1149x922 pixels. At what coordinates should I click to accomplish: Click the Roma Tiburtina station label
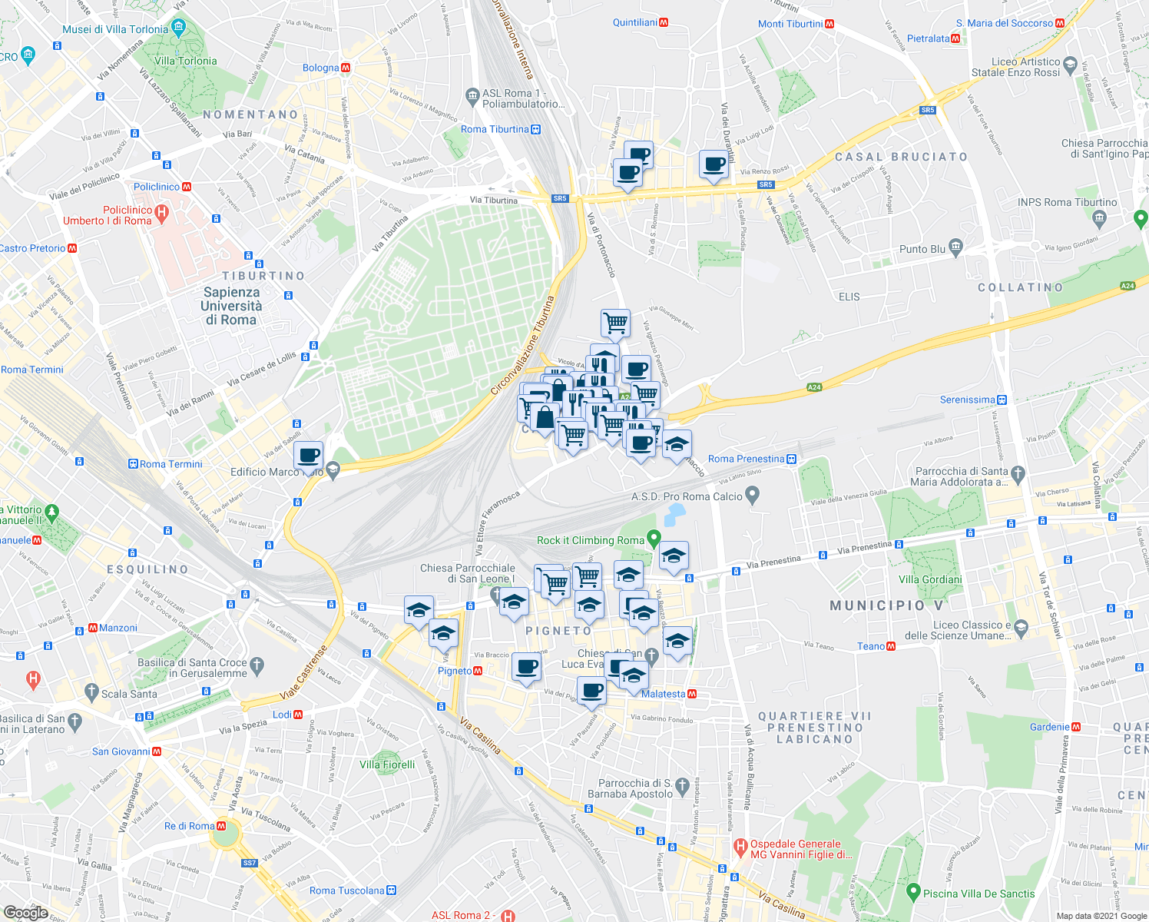[x=495, y=129]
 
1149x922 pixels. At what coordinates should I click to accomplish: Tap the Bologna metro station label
[x=321, y=68]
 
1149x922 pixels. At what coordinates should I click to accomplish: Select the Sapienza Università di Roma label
[x=231, y=306]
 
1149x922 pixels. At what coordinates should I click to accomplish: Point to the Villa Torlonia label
[x=186, y=61]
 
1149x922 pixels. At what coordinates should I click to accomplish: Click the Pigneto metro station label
[x=454, y=671]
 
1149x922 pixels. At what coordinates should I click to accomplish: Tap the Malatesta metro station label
[x=664, y=694]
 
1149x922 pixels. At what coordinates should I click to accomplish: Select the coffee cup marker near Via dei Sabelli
[x=309, y=456]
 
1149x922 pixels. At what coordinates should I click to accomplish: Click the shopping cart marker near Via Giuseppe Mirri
[x=615, y=323]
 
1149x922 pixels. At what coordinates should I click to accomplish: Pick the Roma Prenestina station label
[x=746, y=459]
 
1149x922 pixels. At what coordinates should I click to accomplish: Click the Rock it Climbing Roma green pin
[x=654, y=538]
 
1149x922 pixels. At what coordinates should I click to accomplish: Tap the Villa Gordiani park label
[x=930, y=579]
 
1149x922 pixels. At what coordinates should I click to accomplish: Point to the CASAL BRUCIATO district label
[x=901, y=157]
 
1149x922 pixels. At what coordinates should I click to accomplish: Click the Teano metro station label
[x=871, y=646]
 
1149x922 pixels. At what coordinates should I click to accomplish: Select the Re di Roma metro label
[x=190, y=826]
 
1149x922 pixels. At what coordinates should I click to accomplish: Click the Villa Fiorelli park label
[x=387, y=764]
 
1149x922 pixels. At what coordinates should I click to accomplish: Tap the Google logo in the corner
[x=25, y=912]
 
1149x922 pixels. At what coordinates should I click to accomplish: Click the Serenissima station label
[x=967, y=400]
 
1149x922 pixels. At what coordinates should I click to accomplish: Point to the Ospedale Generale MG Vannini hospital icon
[x=740, y=848]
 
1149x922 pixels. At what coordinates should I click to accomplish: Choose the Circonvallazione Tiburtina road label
[x=522, y=346]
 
